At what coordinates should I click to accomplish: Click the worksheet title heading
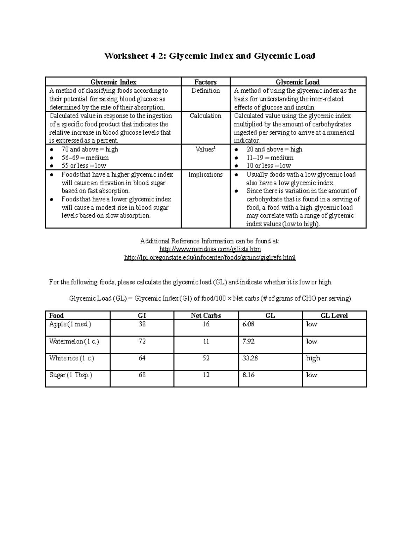pyautogui.click(x=210, y=56)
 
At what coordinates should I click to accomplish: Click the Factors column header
pyautogui.click(x=205, y=82)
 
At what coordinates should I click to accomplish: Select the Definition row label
pyautogui.click(x=205, y=91)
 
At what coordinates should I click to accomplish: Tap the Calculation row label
pyautogui.click(x=205, y=116)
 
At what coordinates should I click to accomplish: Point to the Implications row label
pyautogui.click(x=205, y=174)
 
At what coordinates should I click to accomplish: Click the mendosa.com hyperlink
pyautogui.click(x=210, y=249)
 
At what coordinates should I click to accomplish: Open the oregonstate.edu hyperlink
pyautogui.click(x=210, y=258)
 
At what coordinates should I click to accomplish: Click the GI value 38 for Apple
pyautogui.click(x=142, y=324)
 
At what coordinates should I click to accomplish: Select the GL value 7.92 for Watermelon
pyautogui.click(x=248, y=341)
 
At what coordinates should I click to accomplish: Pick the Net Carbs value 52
pyautogui.click(x=206, y=358)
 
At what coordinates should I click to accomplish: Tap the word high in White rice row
pyautogui.click(x=313, y=358)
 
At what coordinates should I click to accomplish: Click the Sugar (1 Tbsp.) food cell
pyautogui.click(x=71, y=375)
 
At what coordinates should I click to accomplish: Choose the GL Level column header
pyautogui.click(x=334, y=315)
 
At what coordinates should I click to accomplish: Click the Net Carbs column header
pyautogui.click(x=206, y=315)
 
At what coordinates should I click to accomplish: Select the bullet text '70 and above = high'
pyautogui.click(x=89, y=149)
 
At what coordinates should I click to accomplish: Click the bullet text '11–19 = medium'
pyautogui.click(x=270, y=158)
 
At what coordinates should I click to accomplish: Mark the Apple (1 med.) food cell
pyautogui.click(x=70, y=324)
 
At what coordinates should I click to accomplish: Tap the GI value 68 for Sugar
pyautogui.click(x=142, y=375)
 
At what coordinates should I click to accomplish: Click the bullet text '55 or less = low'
pyautogui.click(x=83, y=166)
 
